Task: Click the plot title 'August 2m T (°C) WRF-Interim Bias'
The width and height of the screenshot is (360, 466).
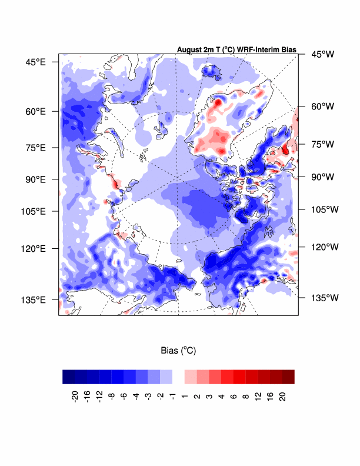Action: pos(236,50)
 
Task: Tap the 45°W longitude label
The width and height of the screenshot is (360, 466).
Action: pos(322,54)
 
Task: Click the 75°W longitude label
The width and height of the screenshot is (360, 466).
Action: pos(322,144)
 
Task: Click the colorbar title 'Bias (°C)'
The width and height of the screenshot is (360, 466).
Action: pos(178,350)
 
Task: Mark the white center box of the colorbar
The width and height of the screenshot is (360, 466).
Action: pos(178,377)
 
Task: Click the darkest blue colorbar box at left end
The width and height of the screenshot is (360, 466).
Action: pos(69,377)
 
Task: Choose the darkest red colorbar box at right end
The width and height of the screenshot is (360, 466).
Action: pos(288,377)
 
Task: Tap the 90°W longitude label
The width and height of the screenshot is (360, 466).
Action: pos(322,177)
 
